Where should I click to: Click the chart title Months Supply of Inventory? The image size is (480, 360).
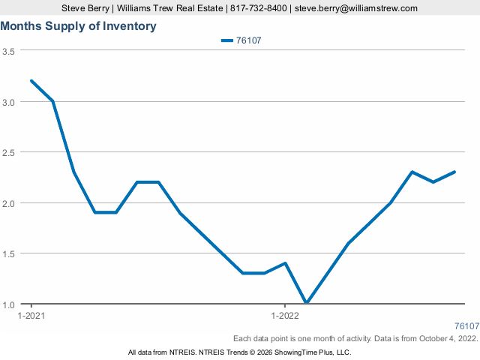pos(79,26)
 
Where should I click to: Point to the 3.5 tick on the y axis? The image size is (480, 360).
pos(9,51)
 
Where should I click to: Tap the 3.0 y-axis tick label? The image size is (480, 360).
pos(9,101)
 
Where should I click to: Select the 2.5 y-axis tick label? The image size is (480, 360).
pos(9,152)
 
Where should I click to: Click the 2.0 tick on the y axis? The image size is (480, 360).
pos(9,203)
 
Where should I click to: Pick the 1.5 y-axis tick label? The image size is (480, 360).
pos(9,254)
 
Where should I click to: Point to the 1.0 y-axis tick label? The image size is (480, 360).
pos(9,304)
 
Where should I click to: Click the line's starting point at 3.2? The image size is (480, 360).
pos(31,81)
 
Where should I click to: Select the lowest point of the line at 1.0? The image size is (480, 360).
pos(306,304)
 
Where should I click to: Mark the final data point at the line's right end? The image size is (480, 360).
pos(454,172)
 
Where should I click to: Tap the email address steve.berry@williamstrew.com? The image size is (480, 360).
pos(355,8)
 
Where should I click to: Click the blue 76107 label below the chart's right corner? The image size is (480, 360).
pos(466,326)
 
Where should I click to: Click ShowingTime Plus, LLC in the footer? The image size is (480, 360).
pos(316,352)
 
